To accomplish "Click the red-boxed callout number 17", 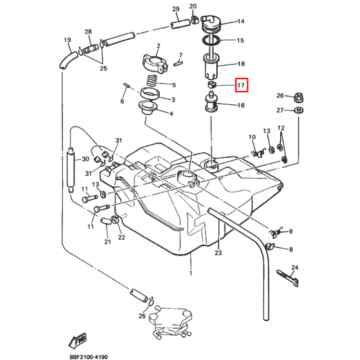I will coord(241,86).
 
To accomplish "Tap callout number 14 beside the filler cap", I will coord(240,22).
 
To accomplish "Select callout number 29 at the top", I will coord(175,9).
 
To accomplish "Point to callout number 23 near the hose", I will coord(218,252).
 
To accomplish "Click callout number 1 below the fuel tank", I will coord(191,274).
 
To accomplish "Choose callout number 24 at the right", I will coord(295,267).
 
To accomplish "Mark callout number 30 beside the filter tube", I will coord(86,159).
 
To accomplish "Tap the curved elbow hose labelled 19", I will coord(68,60).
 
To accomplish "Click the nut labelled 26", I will coord(298,97).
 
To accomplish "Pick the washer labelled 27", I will coord(298,111).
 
